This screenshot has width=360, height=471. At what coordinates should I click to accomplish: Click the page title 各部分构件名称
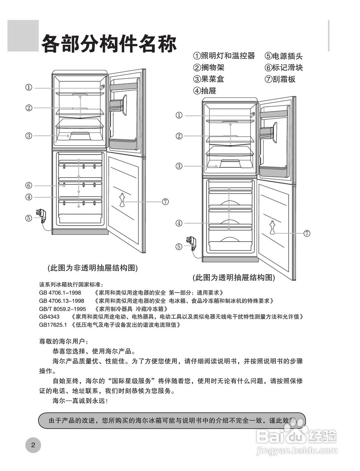[x=109, y=44]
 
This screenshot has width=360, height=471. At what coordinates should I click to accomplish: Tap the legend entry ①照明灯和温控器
[x=224, y=56]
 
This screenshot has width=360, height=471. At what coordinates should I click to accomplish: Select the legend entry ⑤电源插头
[x=284, y=56]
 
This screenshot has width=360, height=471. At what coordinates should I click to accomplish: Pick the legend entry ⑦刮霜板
[x=280, y=79]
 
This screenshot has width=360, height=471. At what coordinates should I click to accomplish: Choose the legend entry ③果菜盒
[x=208, y=79]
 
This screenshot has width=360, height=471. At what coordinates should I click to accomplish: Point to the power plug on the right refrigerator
[x=192, y=243]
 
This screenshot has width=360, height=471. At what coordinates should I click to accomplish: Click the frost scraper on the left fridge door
[x=123, y=201]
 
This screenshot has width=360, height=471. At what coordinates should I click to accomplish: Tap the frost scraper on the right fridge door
[x=272, y=227]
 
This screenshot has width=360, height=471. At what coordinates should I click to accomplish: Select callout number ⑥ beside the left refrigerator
[x=29, y=185]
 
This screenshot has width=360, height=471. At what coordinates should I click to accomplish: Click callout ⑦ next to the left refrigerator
[x=165, y=201]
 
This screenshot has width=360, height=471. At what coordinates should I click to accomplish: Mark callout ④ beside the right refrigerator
[x=179, y=223]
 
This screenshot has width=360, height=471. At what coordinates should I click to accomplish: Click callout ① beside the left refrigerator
[x=29, y=88]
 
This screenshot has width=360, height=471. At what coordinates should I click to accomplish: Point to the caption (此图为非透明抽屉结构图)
[x=92, y=268]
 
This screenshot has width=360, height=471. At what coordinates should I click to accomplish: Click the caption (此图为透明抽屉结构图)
[x=234, y=277]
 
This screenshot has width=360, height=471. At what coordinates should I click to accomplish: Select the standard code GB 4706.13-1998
[x=61, y=301]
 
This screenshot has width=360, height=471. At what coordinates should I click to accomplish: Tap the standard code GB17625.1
[x=54, y=325]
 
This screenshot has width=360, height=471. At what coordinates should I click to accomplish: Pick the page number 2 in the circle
[x=33, y=445]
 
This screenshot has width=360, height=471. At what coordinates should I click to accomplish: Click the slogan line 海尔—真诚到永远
[x=80, y=401]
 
